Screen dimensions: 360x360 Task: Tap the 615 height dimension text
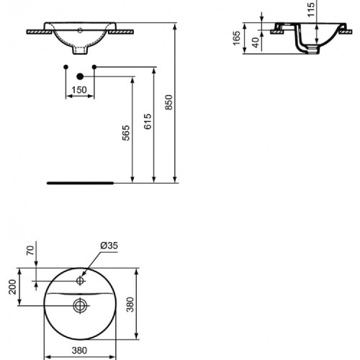(x=147, y=122)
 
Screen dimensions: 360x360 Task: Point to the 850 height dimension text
(x=169, y=104)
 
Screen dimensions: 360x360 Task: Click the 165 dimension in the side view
(x=237, y=38)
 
